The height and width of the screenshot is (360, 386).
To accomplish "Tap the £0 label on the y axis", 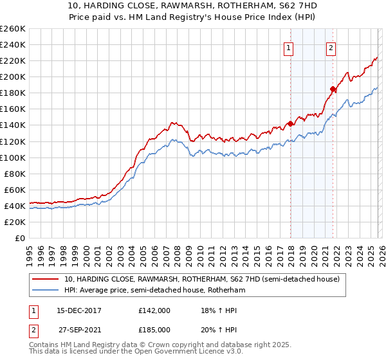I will (x=20, y=238).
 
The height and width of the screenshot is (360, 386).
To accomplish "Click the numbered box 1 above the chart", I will (x=289, y=48).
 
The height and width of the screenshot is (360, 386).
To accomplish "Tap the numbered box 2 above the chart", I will (x=331, y=48).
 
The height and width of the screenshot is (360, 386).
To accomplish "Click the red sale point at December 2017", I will (x=290, y=123).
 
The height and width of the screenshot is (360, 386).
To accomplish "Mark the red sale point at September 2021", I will (x=333, y=89).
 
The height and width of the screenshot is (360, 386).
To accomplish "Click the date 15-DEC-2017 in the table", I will (x=75, y=310).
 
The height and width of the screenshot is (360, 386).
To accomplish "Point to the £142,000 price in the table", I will (x=154, y=310).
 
